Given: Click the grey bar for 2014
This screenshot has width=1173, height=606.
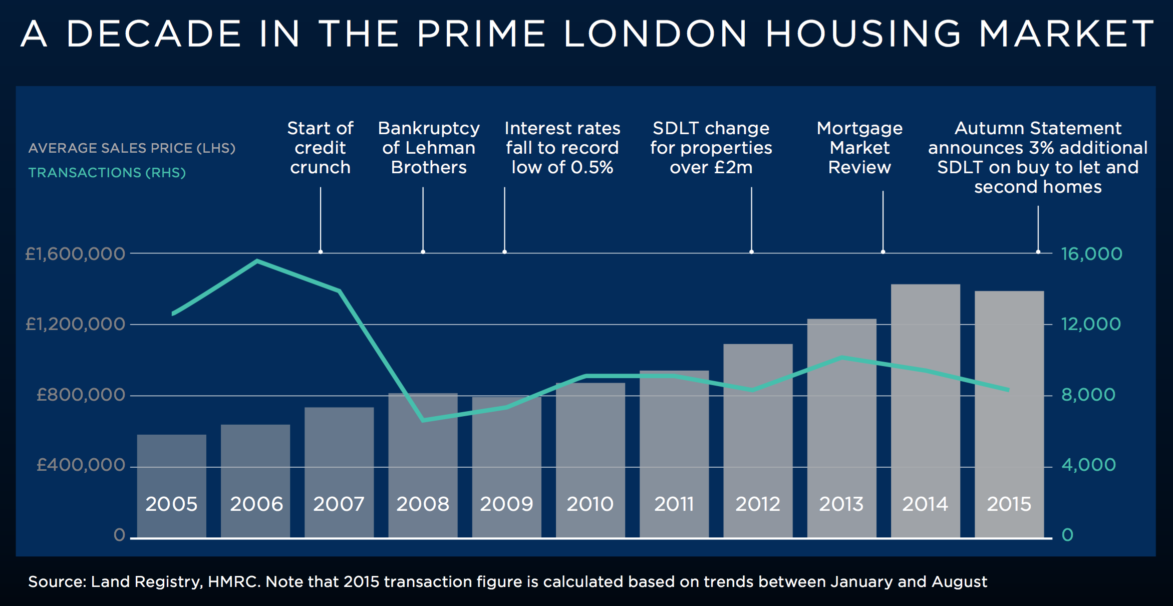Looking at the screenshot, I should (x=925, y=411).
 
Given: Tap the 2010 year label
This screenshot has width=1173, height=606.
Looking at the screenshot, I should (x=590, y=504).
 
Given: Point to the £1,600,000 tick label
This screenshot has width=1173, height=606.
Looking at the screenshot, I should (x=75, y=254).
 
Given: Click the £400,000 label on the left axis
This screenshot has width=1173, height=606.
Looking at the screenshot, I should (x=81, y=465).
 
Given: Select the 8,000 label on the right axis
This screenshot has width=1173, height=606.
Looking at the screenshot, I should (x=1088, y=395).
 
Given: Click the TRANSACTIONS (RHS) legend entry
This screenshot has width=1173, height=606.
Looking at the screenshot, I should (x=107, y=173).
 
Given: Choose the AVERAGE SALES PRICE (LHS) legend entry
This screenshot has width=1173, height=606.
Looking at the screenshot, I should (x=132, y=148).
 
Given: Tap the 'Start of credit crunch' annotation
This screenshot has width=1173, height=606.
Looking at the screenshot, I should (x=320, y=148).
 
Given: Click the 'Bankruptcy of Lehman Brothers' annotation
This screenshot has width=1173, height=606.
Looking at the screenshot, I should (x=429, y=148).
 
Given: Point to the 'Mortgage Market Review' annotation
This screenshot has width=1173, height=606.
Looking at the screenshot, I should (x=859, y=148).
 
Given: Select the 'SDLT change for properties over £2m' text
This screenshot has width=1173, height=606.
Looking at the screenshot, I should (x=711, y=148).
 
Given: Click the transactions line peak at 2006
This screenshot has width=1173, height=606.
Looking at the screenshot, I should (x=257, y=261).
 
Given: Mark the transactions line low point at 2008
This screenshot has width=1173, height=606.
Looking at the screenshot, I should (x=423, y=420).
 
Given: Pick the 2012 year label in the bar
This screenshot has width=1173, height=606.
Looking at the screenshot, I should (x=757, y=504).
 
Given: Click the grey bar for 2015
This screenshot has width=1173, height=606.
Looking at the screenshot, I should (x=1009, y=416).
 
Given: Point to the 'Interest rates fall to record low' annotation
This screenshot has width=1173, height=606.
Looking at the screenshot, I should (x=562, y=148).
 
